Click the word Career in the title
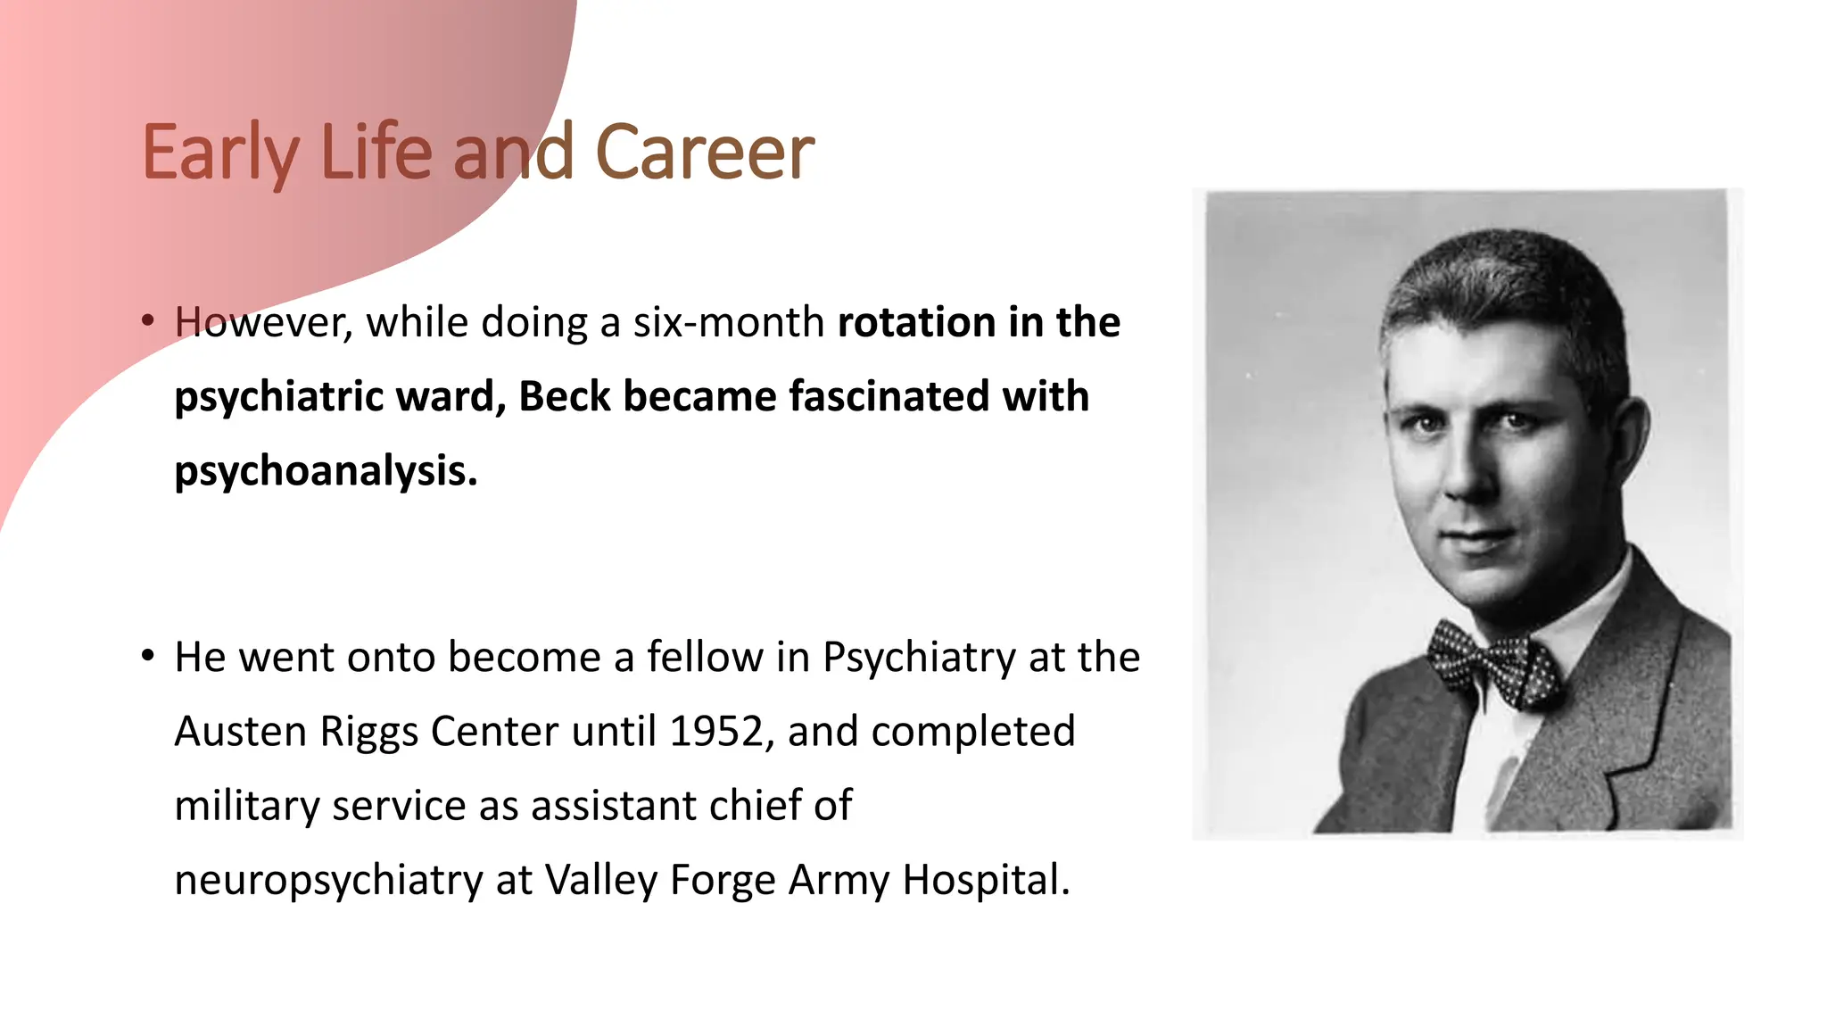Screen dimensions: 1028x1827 (x=704, y=153)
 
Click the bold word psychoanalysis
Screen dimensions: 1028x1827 (x=326, y=471)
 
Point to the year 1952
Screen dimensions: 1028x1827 (x=715, y=732)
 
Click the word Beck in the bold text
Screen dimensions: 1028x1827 (x=565, y=396)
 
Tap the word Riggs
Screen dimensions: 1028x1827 (x=369, y=732)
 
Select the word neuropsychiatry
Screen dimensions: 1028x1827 (x=328, y=880)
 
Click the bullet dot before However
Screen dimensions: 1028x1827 (x=148, y=320)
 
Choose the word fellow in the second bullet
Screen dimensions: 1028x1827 (x=705, y=658)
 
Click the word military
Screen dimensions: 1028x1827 (x=246, y=806)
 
